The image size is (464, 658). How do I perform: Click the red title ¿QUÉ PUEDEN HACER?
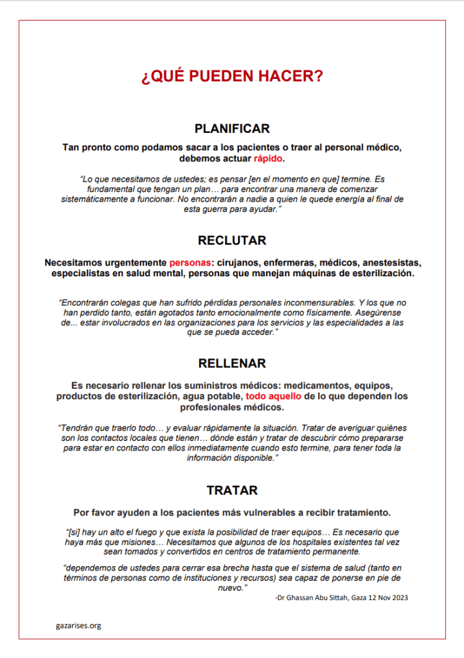(232, 76)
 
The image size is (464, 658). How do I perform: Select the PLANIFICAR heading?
(232, 128)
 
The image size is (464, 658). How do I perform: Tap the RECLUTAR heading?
(232, 240)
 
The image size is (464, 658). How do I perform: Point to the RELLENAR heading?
(232, 363)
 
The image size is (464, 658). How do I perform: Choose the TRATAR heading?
(232, 490)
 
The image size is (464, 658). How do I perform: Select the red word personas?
(190, 262)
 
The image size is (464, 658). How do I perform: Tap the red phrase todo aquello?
(273, 396)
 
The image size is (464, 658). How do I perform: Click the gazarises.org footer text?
(78, 625)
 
